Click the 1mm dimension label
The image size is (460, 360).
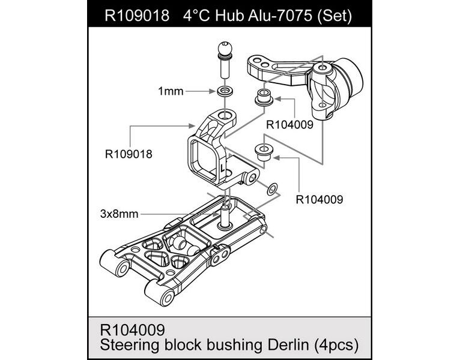click(170, 91)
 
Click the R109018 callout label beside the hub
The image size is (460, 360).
click(129, 154)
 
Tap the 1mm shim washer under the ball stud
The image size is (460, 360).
click(225, 92)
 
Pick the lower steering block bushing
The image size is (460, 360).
click(262, 151)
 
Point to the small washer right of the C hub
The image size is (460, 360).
click(271, 189)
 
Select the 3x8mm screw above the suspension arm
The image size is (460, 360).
click(226, 215)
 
